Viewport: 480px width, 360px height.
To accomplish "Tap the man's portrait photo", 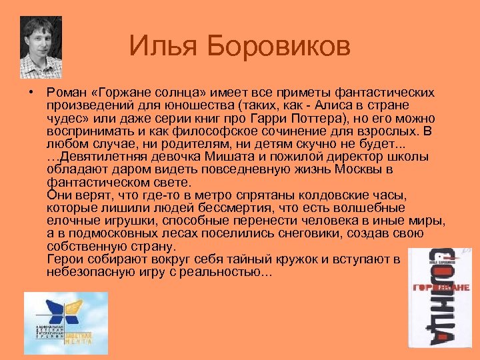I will tap(41, 47).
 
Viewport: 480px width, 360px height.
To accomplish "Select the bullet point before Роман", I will tap(31, 92).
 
